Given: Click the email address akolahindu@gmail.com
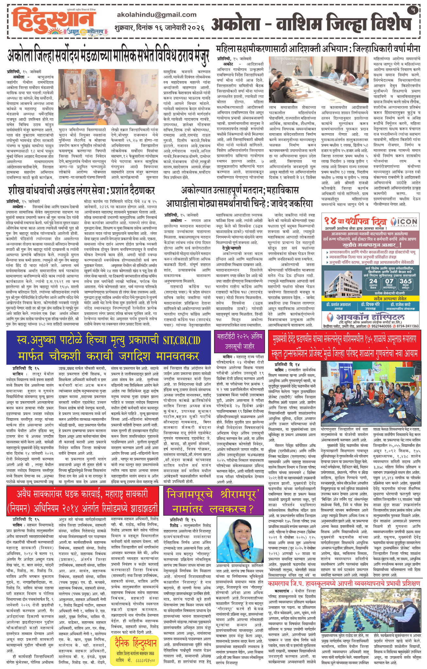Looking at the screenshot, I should [x=156, y=15].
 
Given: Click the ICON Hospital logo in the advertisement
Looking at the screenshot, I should [x=403, y=222].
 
